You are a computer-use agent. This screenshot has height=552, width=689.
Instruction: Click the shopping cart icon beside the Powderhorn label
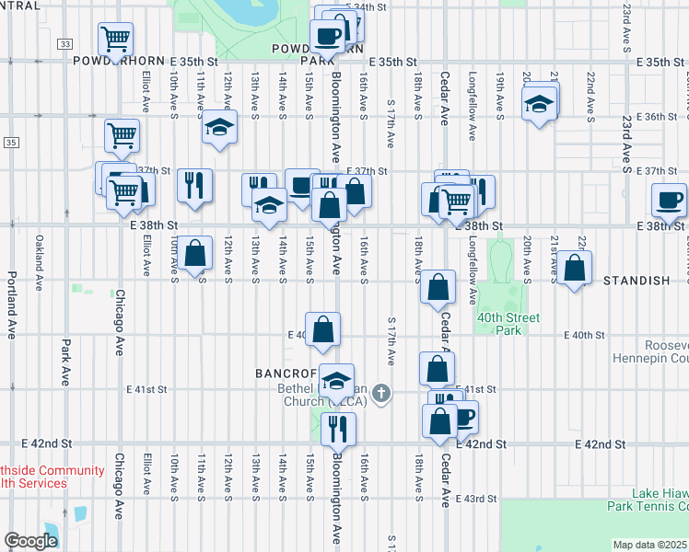116,40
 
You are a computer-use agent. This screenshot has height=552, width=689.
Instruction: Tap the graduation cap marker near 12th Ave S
219,127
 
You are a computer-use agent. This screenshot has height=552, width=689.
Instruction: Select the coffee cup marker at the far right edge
669,200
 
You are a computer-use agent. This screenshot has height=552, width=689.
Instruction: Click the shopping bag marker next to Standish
575,269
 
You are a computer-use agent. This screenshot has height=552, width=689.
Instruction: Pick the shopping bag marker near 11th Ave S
194,254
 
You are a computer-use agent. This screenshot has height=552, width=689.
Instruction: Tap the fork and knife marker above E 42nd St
337,429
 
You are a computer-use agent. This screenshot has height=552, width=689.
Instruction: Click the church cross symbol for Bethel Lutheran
382,395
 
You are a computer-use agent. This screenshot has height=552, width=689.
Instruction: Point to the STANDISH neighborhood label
636,280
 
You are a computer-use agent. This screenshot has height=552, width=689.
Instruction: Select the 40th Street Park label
508,324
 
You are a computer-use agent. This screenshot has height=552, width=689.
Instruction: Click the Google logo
30,540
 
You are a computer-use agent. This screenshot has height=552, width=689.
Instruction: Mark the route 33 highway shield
64,43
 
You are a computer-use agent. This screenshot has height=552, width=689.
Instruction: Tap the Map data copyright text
650,545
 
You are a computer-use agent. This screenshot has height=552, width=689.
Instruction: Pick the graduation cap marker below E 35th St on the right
540,102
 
